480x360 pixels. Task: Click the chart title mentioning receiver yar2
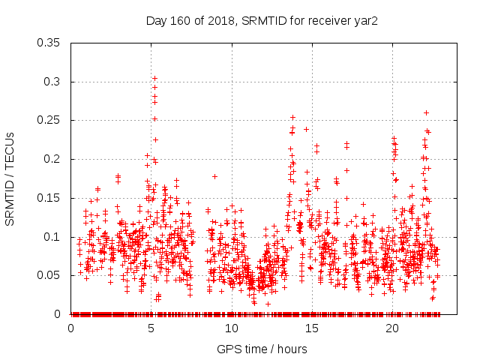tap(262, 20)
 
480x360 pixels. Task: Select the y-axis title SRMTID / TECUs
tap(10, 178)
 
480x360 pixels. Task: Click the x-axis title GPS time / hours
tap(262, 349)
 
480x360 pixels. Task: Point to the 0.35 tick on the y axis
tap(53, 43)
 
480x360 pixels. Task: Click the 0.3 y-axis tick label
tap(56, 82)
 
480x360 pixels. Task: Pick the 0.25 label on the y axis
tap(53, 120)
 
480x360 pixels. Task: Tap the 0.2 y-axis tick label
tap(56, 159)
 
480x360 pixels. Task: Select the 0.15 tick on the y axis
tap(53, 198)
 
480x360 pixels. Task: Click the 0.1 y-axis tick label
tap(56, 236)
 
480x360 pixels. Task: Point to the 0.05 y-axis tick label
tap(53, 275)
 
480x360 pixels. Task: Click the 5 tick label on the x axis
tap(151, 328)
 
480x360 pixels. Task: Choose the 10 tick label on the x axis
tap(232, 328)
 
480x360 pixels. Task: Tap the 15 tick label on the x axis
tap(312, 328)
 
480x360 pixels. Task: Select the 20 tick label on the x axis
tap(392, 328)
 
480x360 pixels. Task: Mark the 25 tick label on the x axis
tap(472, 328)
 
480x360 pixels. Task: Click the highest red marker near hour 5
tap(155, 78)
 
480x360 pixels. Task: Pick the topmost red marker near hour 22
tap(427, 112)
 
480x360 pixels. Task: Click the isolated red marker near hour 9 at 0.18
tap(214, 176)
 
